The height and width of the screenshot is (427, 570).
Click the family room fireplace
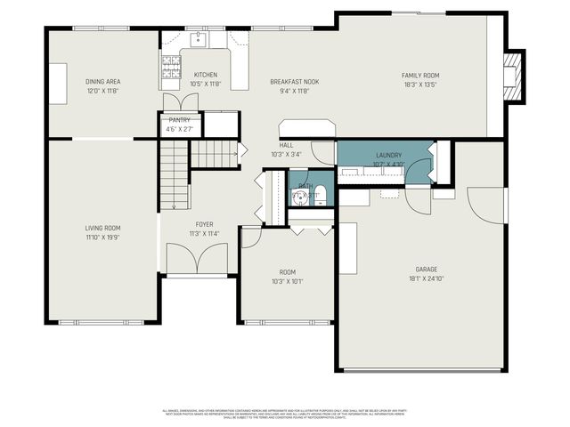[511, 78]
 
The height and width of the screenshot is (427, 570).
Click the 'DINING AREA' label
[102, 82]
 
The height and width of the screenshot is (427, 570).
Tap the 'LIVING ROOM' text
[102, 229]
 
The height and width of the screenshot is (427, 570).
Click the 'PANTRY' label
[179, 119]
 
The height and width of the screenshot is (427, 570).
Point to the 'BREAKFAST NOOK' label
[295, 82]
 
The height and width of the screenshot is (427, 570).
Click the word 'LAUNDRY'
[389, 155]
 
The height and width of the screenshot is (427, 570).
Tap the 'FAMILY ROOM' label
[420, 76]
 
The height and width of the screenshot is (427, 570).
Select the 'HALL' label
[286, 145]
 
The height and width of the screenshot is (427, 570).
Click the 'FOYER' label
[204, 225]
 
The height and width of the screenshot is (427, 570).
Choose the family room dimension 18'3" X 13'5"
[420, 85]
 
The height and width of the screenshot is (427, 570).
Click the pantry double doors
[173, 101]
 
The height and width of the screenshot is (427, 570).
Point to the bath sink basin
[297, 197]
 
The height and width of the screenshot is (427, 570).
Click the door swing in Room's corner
[250, 236]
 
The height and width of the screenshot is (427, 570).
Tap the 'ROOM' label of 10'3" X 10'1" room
[287, 272]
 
